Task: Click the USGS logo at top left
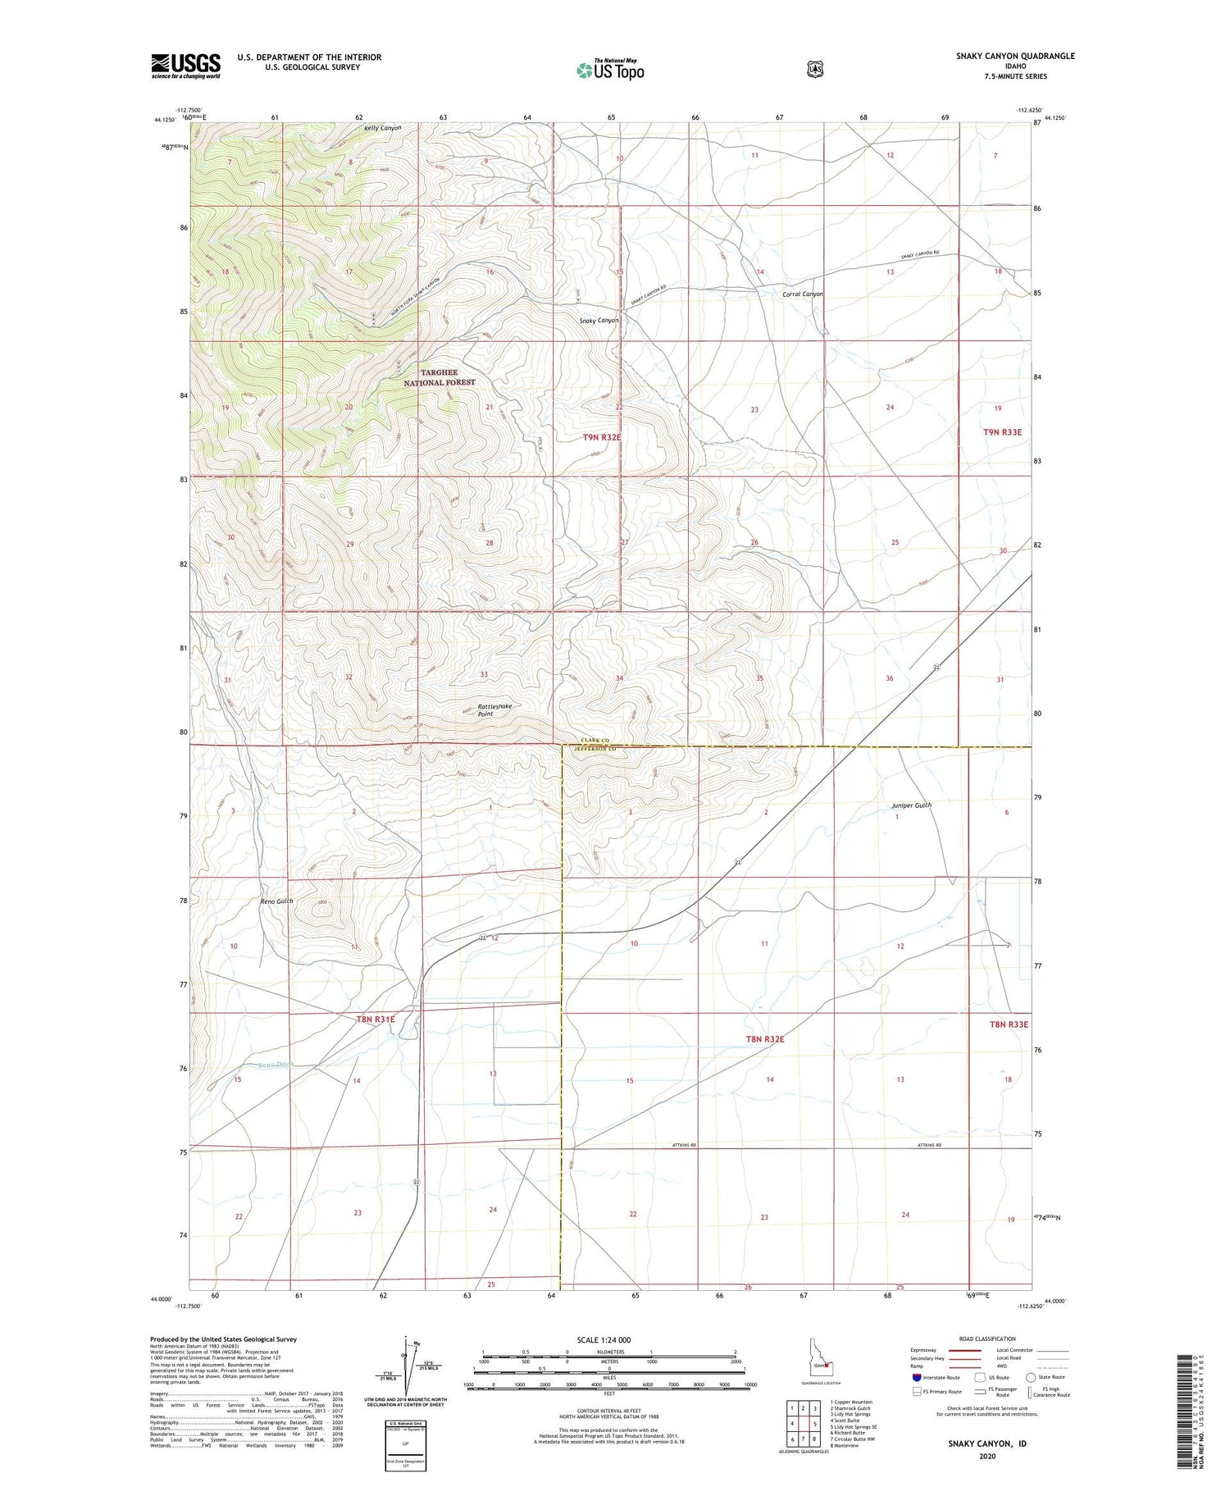pyautogui.click(x=185, y=66)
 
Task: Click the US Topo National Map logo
pyautogui.click(x=610, y=69)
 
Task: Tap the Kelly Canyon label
pyautogui.click(x=382, y=128)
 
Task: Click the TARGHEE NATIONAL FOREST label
pyautogui.click(x=439, y=377)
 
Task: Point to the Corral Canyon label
pyautogui.click(x=802, y=294)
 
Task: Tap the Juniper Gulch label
pyautogui.click(x=911, y=805)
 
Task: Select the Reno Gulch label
pyautogui.click(x=276, y=901)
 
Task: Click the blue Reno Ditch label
pyautogui.click(x=275, y=1065)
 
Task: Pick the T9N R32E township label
pyautogui.click(x=601, y=438)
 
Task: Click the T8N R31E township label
pyautogui.click(x=376, y=1019)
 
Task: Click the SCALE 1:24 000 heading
pyautogui.click(x=608, y=1339)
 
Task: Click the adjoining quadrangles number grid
pyautogui.click(x=802, y=1422)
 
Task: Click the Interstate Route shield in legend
pyautogui.click(x=916, y=1377)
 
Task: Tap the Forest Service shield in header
pyautogui.click(x=813, y=70)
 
